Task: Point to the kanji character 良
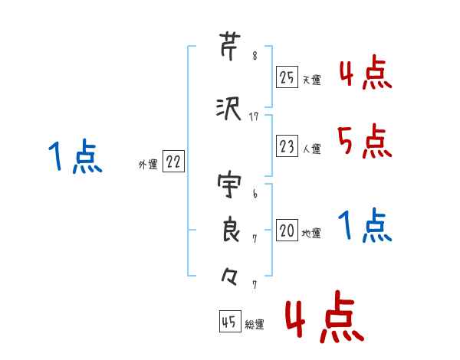click(229, 231)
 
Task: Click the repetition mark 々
click(229, 276)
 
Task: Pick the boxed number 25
click(287, 77)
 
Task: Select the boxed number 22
click(173, 162)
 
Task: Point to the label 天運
click(311, 80)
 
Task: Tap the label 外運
click(147, 164)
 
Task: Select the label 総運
click(255, 324)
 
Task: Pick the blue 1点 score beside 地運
click(364, 226)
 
